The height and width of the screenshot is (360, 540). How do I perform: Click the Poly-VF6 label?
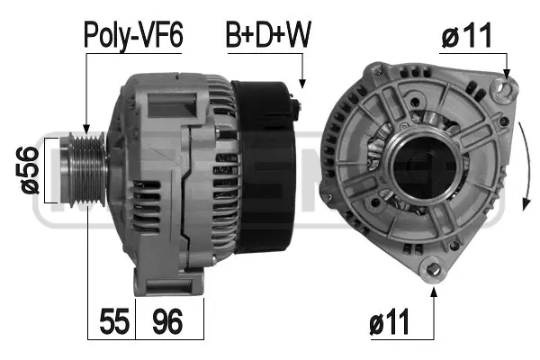point(133,35)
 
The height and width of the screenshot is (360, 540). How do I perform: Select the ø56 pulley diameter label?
point(29,169)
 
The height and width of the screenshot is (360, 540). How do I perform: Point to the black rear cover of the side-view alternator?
point(260,169)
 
